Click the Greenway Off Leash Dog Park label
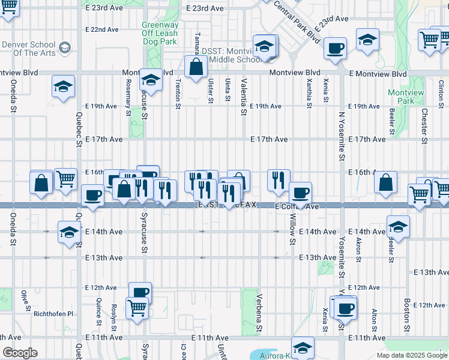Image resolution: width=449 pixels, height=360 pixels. click(160, 34)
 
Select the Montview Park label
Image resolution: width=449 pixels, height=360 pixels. click(406, 97)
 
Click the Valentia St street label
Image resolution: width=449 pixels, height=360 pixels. click(243, 96)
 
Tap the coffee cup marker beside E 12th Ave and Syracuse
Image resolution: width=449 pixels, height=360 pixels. click(140, 293)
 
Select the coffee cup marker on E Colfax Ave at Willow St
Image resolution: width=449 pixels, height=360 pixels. click(300, 193)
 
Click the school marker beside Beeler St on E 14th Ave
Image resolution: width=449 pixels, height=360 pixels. click(397, 229)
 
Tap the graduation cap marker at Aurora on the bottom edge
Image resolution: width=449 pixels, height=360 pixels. click(303, 347)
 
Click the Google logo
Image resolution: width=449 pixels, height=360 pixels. click(20, 353)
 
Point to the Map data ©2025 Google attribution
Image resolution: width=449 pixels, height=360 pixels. click(412, 355)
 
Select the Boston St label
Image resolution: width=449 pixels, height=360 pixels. click(407, 311)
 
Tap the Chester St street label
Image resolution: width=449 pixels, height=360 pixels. click(424, 125)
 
